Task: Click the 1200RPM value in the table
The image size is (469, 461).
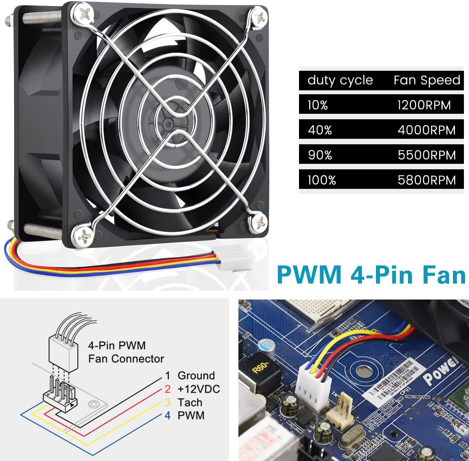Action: pyautogui.click(x=424, y=105)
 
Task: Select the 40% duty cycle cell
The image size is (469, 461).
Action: pyautogui.click(x=320, y=130)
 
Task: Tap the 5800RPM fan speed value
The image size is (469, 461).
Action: pyautogui.click(x=426, y=180)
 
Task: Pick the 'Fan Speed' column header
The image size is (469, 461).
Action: pyautogui.click(x=426, y=80)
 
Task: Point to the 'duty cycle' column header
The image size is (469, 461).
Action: pyautogui.click(x=340, y=80)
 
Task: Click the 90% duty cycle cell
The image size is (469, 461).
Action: pyautogui.click(x=320, y=155)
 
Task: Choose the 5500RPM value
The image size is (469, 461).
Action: pyautogui.click(x=426, y=155)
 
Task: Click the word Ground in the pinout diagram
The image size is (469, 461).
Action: pyautogui.click(x=196, y=375)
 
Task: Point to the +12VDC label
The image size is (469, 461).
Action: pyautogui.click(x=199, y=389)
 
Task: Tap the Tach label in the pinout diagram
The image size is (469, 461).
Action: pyautogui.click(x=190, y=402)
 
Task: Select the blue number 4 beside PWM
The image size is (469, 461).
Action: pyautogui.click(x=167, y=415)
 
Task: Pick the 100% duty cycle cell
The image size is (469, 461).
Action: pyautogui.click(x=322, y=180)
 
